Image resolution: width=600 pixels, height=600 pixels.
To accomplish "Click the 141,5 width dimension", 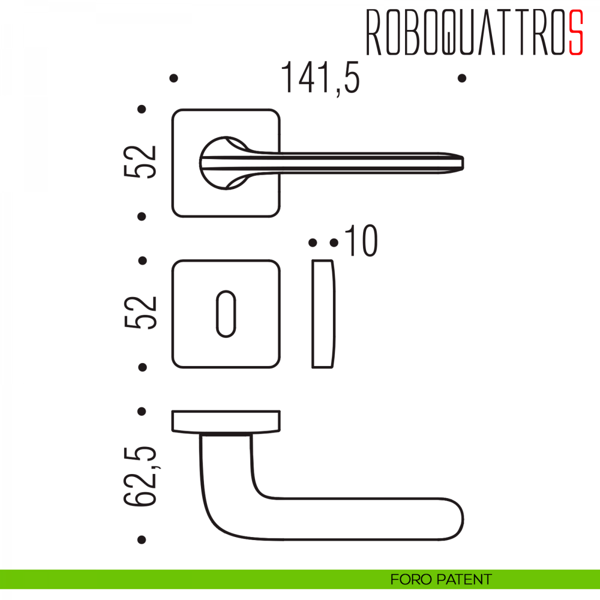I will [x=320, y=78].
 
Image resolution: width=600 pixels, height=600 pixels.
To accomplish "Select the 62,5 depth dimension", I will [x=140, y=475].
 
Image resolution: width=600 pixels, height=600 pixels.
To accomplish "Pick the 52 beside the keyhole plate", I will [x=140, y=312].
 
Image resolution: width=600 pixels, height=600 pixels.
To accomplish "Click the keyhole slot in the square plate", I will [x=225, y=313].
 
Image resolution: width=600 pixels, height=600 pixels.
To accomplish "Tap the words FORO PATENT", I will [x=441, y=579].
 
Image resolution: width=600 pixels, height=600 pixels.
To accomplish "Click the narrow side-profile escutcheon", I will [x=323, y=314].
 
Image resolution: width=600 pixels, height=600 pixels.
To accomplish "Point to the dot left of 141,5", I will [x=174, y=78].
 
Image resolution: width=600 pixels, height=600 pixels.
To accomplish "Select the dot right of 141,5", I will [x=462, y=78].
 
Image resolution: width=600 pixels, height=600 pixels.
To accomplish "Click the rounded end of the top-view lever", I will [x=452, y=520].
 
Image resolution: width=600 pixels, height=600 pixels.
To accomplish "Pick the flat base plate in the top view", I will [x=225, y=421].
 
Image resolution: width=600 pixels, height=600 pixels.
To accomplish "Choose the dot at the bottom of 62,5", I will [x=141, y=539].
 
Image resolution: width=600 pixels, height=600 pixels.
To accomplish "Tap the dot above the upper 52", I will [x=142, y=109].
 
